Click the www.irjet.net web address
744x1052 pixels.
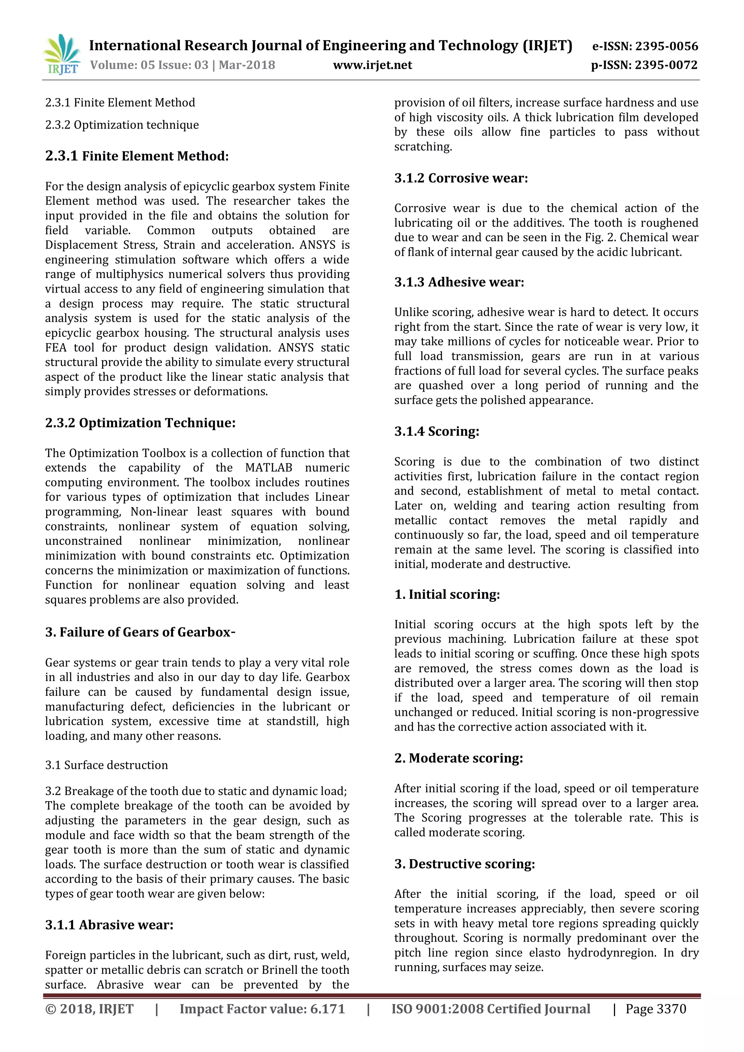(372, 65)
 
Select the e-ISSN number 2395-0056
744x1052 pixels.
(667, 46)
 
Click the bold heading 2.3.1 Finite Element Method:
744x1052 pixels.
(137, 156)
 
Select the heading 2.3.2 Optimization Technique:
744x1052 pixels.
(140, 423)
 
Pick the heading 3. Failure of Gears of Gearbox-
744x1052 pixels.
(140, 632)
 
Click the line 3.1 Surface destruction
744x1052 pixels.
(106, 765)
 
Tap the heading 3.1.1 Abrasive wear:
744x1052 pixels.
(109, 925)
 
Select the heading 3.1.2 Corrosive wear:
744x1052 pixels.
(461, 178)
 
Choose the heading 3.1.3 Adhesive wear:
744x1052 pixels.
(459, 282)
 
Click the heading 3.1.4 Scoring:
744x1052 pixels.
(437, 432)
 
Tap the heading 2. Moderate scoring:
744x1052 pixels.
(458, 758)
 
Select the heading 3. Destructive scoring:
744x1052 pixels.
(465, 864)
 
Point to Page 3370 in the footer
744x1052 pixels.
(656, 1009)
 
